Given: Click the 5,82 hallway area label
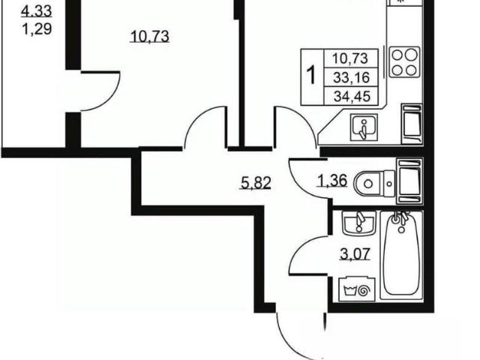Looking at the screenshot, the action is (256, 183).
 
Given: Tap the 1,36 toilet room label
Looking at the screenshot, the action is (333, 180).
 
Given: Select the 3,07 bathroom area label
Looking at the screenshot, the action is (355, 254).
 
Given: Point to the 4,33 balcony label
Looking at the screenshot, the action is (37, 12).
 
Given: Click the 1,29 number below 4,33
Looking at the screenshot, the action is (37, 29).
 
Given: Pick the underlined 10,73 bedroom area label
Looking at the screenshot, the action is (150, 37).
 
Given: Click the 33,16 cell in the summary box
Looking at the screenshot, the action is (351, 77).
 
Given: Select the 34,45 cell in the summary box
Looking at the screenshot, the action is (352, 97).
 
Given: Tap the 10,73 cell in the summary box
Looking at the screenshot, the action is (350, 58).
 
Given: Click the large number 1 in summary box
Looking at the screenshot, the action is (311, 76).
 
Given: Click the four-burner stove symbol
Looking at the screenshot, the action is (404, 61).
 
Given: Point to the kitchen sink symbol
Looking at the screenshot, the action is (364, 127).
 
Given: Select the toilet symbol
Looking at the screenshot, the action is (374, 184).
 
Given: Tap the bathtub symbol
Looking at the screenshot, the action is (402, 255).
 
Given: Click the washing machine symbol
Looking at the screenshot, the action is (357, 289).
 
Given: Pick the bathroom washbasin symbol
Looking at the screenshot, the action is (358, 223).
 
